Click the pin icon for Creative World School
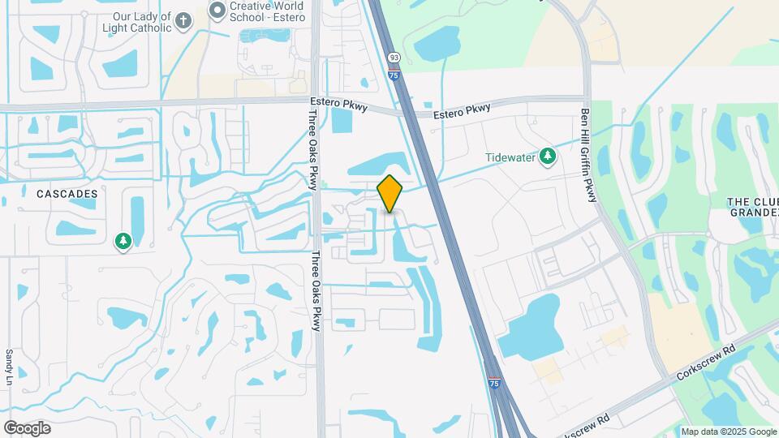(217, 11)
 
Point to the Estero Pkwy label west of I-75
(338, 103)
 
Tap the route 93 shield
(394, 58)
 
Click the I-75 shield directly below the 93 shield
(394, 75)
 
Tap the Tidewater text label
(511, 157)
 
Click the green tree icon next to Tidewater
(548, 156)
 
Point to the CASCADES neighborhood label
(67, 194)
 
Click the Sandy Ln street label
(10, 367)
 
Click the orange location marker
(390, 194)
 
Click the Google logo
(27, 427)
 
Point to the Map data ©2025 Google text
(728, 432)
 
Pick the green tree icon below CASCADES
(123, 241)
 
